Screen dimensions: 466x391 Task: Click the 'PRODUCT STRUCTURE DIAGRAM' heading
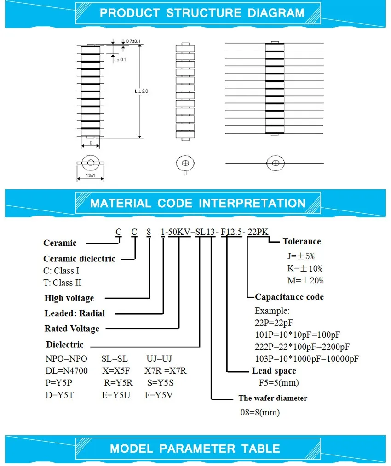201,13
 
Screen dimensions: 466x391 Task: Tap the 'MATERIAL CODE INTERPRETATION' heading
198,203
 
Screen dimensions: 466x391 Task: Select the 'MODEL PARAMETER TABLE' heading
195,449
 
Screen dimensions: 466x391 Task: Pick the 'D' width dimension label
91,143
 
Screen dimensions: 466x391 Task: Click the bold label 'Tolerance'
302,242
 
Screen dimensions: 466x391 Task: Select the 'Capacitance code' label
289,297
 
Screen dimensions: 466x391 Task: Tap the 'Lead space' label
274,371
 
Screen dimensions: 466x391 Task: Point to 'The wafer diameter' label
273,398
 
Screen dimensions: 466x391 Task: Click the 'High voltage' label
69,298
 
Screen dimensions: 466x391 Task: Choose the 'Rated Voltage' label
72,329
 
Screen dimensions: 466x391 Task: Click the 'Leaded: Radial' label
75,313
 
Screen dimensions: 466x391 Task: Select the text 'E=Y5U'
116,395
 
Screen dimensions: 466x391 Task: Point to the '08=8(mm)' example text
260,412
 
